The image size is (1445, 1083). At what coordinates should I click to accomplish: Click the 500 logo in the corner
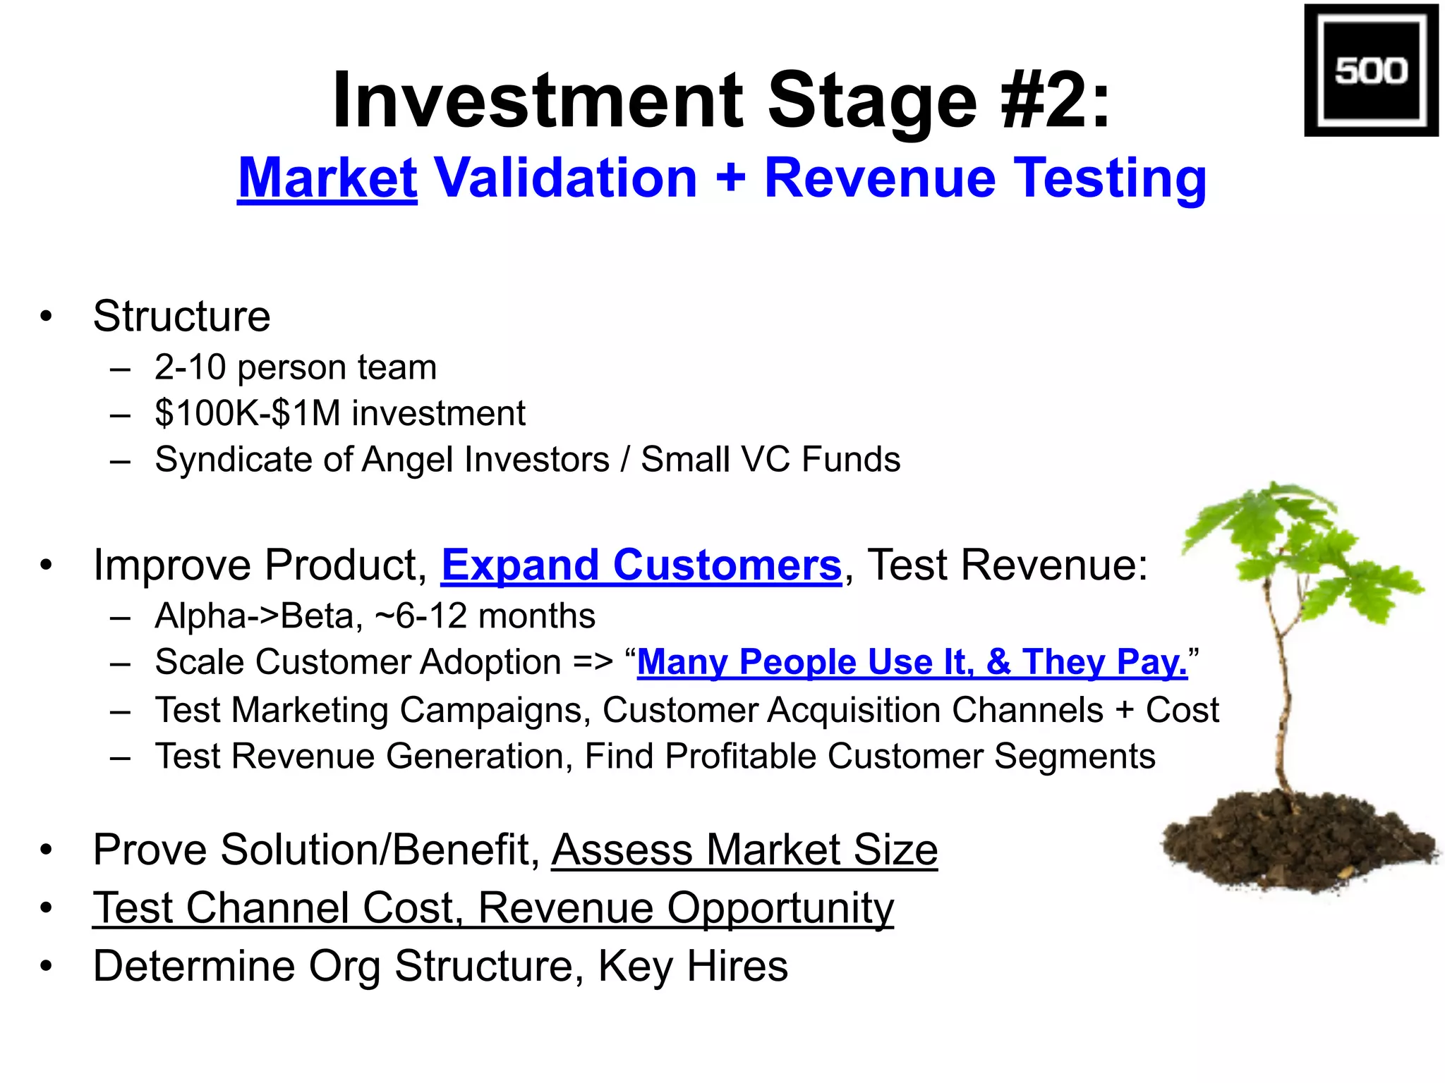tap(1370, 71)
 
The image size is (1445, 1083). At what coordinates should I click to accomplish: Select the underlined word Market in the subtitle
tap(327, 178)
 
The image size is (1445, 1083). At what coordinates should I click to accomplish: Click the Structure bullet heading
tap(181, 317)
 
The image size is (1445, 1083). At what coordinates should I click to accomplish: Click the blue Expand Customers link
tap(641, 565)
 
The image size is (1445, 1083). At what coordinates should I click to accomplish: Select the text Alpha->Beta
tap(253, 616)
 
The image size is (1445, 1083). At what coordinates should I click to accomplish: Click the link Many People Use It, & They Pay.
tap(912, 663)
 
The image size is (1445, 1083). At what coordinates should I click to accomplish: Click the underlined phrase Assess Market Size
tap(744, 850)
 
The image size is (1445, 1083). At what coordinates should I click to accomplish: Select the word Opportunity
tap(780, 908)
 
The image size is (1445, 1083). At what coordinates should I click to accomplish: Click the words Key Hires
tap(693, 966)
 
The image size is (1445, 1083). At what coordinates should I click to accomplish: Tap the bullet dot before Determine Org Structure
tap(47, 965)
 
